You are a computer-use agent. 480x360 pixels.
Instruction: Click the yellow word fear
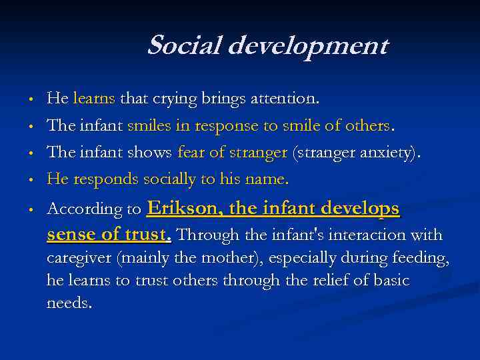tap(191, 152)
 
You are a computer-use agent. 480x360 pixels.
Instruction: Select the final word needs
tap(69, 303)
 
